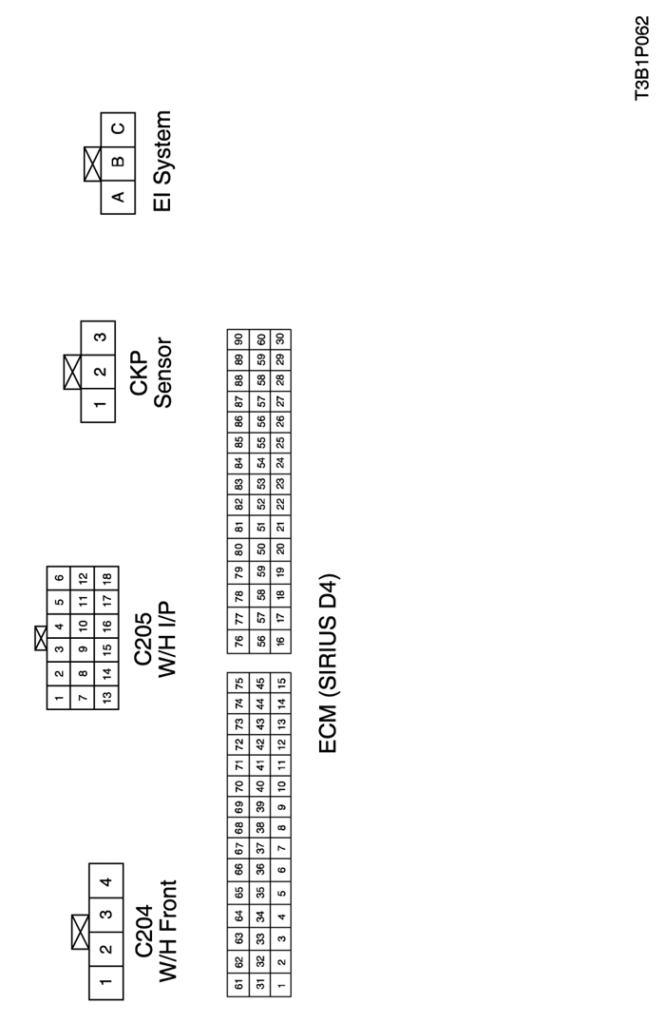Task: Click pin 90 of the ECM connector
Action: pyautogui.click(x=237, y=339)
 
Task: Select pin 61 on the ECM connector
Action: pyautogui.click(x=237, y=983)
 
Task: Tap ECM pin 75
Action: pyautogui.click(x=237, y=683)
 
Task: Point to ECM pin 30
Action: pyautogui.click(x=280, y=339)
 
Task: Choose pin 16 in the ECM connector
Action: pyautogui.click(x=280, y=641)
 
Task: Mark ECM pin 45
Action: pyautogui.click(x=259, y=683)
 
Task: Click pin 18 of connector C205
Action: pyautogui.click(x=107, y=577)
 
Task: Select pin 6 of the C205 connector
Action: pyautogui.click(x=59, y=577)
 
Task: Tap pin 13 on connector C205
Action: pyautogui.click(x=107, y=696)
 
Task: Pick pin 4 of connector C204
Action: pyautogui.click(x=106, y=880)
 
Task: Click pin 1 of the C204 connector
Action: pyautogui.click(x=106, y=982)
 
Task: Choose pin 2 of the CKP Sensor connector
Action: pyautogui.click(x=99, y=372)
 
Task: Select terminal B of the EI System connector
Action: pyautogui.click(x=118, y=163)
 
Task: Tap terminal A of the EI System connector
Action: pyautogui.click(x=118, y=197)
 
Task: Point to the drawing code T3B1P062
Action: pyautogui.click(x=642, y=58)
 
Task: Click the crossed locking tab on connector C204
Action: pyautogui.click(x=80, y=932)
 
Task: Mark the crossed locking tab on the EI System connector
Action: pyautogui.click(x=92, y=164)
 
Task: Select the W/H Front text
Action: pyautogui.click(x=167, y=932)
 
